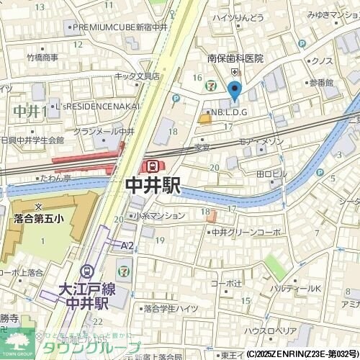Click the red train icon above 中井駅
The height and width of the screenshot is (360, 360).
(x=152, y=166)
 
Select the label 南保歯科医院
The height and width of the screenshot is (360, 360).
(x=235, y=59)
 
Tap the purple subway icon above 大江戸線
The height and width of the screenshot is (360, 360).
(x=88, y=271)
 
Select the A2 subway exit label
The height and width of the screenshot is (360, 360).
(x=127, y=246)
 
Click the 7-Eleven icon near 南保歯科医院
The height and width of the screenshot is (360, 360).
(x=210, y=84)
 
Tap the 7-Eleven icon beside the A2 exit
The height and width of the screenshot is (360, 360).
(x=125, y=271)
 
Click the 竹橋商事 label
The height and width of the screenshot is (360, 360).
(x=42, y=58)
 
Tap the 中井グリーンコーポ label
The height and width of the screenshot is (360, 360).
(x=246, y=233)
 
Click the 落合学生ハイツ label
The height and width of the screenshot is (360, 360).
(x=170, y=308)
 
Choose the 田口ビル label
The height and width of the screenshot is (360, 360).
(x=271, y=174)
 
